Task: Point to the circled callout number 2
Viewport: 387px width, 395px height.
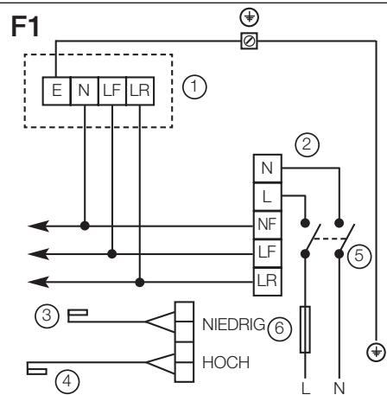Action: (x=304, y=143)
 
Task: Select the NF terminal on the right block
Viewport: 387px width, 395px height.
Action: (x=265, y=227)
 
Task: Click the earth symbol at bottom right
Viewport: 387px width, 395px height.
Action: (x=373, y=350)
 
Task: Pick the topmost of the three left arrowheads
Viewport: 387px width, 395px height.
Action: (x=36, y=227)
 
